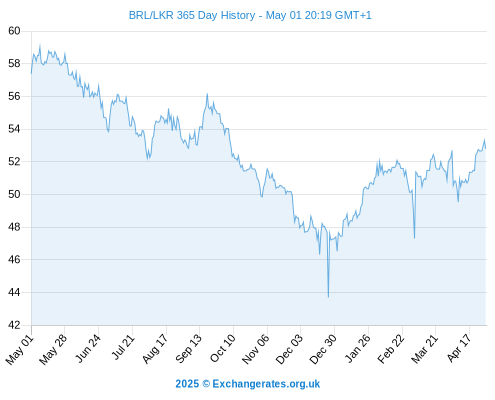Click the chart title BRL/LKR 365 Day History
192,15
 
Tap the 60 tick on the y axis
14,31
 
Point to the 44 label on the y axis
14,292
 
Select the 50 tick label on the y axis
14,194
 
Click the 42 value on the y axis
14,325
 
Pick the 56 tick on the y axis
14,96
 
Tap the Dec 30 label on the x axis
323,349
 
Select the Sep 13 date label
188,349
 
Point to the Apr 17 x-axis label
458,349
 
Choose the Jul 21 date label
123,347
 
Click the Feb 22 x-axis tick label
391,349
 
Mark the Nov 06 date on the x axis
256,349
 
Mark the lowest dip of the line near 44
328,297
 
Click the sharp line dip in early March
414,238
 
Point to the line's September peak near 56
207,94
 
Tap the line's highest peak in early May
40,45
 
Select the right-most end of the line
486,148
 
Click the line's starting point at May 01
32,73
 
